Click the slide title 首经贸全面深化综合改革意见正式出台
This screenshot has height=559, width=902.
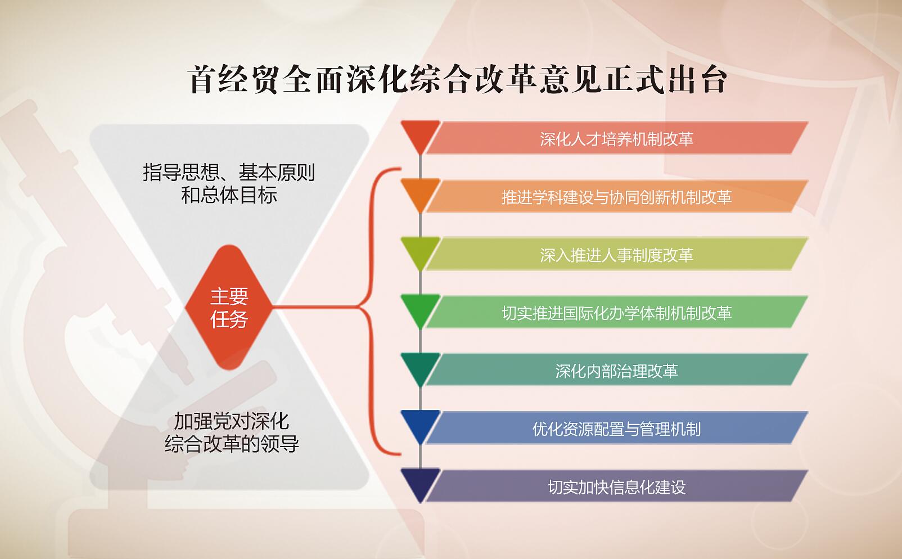pyautogui.click(x=457, y=80)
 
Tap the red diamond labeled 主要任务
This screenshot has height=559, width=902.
pyautogui.click(x=229, y=307)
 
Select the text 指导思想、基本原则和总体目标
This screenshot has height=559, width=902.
pyautogui.click(x=229, y=184)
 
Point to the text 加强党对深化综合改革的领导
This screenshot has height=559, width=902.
pyautogui.click(x=232, y=432)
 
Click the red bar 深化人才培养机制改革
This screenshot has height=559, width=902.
pyautogui.click(x=617, y=138)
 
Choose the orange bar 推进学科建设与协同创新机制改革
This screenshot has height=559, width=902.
pyautogui.click(x=617, y=196)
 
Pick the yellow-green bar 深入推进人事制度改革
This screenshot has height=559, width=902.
pyautogui.click(x=617, y=254)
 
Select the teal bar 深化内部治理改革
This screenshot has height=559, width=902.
pyautogui.click(x=617, y=369)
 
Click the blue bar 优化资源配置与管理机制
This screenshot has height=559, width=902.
pyautogui.click(x=617, y=428)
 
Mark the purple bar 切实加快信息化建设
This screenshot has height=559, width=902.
pyautogui.click(x=617, y=486)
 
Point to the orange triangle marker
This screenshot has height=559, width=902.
pyautogui.click(x=420, y=192)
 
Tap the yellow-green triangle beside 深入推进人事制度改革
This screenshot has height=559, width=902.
pyautogui.click(x=420, y=250)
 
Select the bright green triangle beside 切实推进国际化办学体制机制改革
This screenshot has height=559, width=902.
pyautogui.click(x=420, y=308)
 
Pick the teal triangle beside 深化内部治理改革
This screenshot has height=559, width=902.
pyautogui.click(x=420, y=366)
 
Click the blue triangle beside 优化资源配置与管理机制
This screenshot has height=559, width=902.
pyautogui.click(x=420, y=423)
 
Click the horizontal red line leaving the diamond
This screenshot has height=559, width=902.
pyautogui.click(x=316, y=307)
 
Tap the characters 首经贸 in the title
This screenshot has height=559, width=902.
pyautogui.click(x=233, y=80)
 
